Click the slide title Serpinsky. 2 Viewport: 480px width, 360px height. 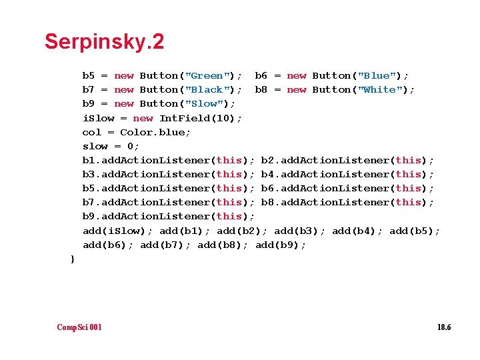tap(104, 42)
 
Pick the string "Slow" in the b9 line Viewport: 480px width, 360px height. tap(203, 104)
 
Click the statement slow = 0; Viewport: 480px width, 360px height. tap(111, 146)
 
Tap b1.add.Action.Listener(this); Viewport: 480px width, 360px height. tap(169, 161)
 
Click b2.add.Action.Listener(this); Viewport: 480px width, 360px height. tap(347, 161)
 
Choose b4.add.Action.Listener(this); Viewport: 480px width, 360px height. tap(347, 175)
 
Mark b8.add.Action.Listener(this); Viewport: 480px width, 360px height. tap(347, 203)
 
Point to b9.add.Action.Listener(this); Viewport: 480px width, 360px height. tap(169, 217)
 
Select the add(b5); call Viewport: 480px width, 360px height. tap(415, 231)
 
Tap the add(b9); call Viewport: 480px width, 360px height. tap(281, 245)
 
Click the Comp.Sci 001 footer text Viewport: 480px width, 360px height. tap(79, 327)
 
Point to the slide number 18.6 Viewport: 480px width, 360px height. tap(444, 327)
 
